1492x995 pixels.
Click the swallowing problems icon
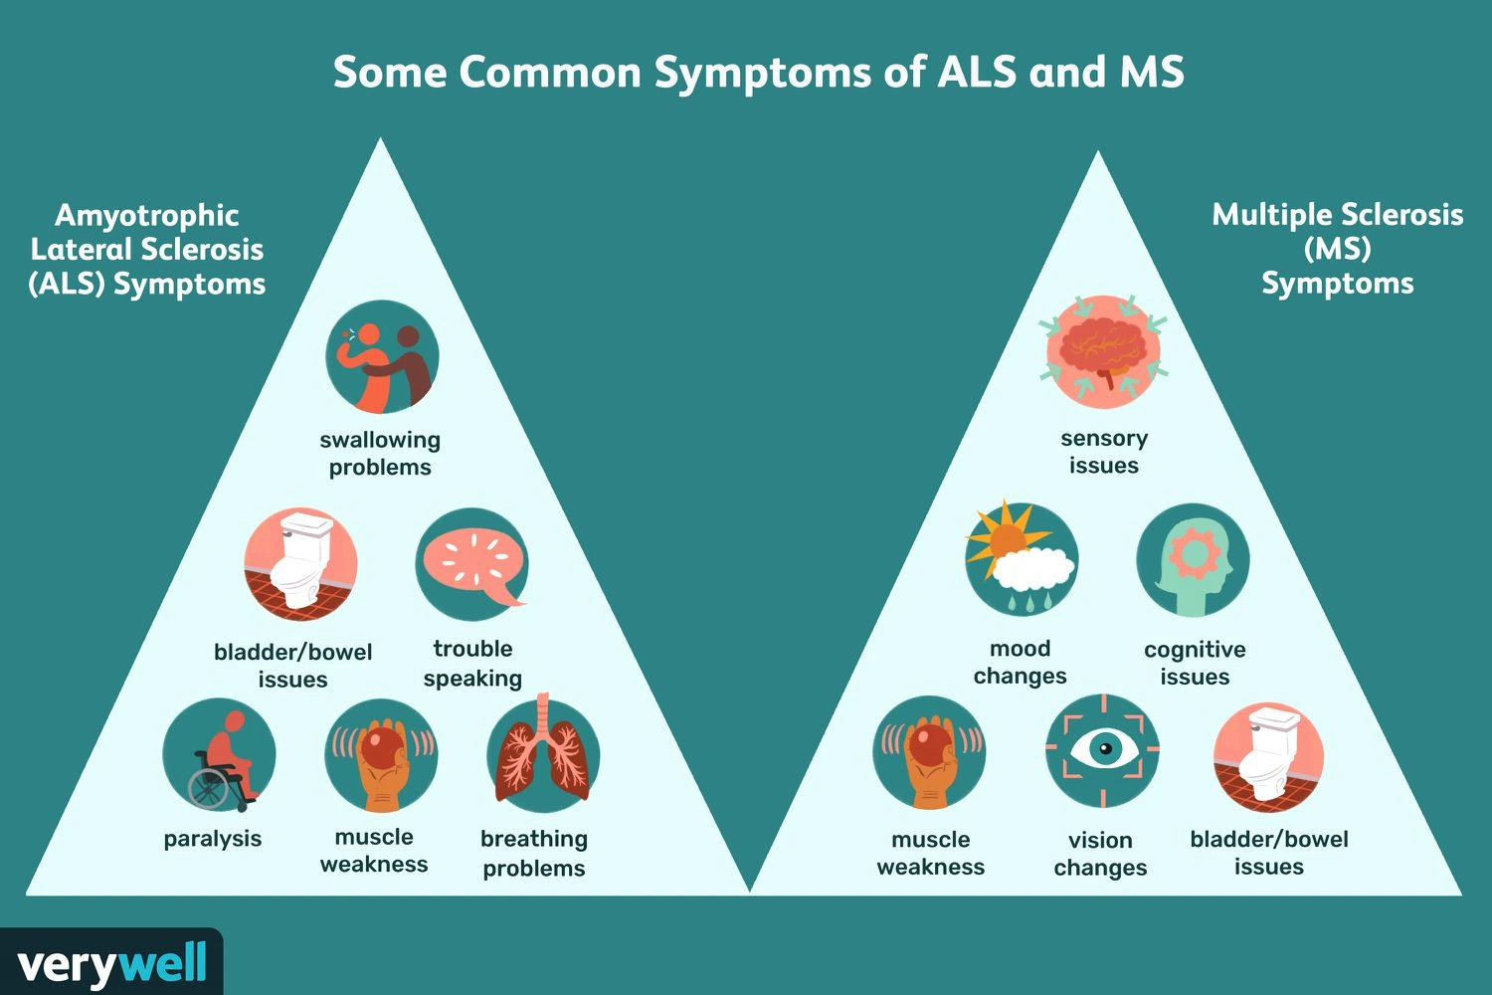(x=382, y=357)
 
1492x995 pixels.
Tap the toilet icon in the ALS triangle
(x=301, y=564)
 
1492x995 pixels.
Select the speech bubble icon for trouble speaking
(x=472, y=564)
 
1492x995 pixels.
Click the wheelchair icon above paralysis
(x=219, y=755)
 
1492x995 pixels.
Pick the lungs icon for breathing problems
(x=543, y=755)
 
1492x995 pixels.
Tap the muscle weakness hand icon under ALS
(x=381, y=755)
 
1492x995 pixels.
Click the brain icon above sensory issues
(x=1103, y=351)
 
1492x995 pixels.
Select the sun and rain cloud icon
(x=1021, y=560)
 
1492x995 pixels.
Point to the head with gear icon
(x=1193, y=560)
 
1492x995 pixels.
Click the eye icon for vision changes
(x=1102, y=750)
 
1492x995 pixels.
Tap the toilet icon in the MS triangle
(x=1269, y=757)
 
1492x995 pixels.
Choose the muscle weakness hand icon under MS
(x=930, y=752)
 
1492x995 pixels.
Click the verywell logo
(x=111, y=963)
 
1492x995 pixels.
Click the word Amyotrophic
(x=147, y=215)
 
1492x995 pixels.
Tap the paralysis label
(x=213, y=839)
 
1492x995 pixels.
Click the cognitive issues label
(x=1195, y=663)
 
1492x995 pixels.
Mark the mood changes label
(x=1021, y=662)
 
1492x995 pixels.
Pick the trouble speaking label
(x=472, y=663)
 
